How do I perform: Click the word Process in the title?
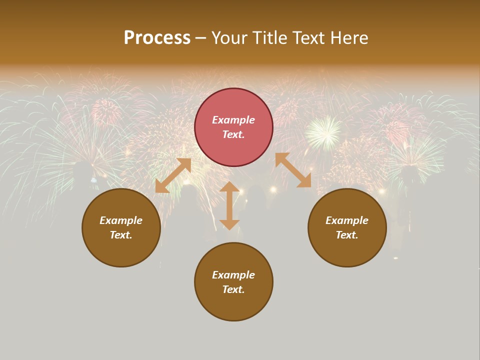pos(157,37)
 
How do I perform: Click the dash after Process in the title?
pos(200,38)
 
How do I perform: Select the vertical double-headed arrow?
pos(229,205)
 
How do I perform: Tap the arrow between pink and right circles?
pos(293,170)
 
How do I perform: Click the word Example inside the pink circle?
pos(233,120)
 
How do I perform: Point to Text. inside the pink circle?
pos(233,134)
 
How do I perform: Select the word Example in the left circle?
pos(121,220)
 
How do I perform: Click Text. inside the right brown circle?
pos(347,235)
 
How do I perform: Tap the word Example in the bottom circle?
pos(233,275)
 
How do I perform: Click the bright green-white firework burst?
pos(323,132)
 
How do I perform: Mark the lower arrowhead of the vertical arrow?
pos(229,224)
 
